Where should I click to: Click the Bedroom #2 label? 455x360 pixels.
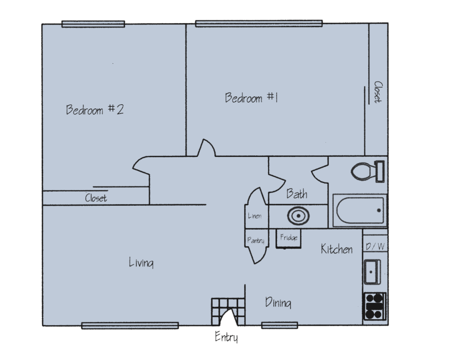(95, 110)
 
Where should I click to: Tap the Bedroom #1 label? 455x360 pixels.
(251, 98)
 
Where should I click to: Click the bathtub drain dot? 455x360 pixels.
(379, 210)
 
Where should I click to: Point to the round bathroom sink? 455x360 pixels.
(298, 216)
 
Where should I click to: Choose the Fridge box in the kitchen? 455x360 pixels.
(289, 238)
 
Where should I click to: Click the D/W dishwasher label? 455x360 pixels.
(375, 246)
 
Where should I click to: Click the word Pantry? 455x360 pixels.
(256, 241)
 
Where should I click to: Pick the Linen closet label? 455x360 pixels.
(255, 216)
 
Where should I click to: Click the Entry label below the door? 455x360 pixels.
(226, 337)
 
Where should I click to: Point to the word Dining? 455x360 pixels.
(278, 302)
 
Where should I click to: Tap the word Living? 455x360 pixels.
(141, 262)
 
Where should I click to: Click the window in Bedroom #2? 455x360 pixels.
(93, 24)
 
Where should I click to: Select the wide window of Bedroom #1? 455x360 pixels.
(259, 23)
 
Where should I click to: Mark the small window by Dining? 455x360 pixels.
(280, 325)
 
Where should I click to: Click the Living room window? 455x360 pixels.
(130, 326)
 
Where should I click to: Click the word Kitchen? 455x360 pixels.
(337, 249)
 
